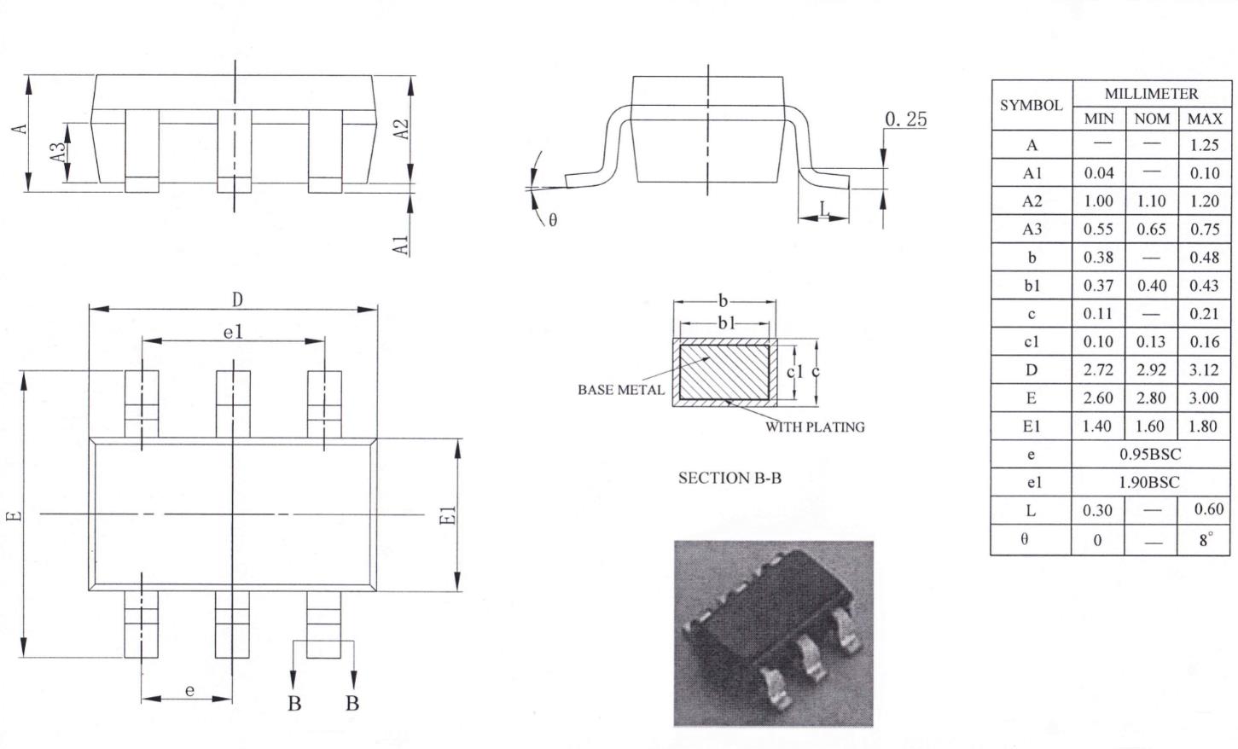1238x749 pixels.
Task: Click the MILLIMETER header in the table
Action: [x=1151, y=94]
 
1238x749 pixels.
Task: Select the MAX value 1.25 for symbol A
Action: [x=1204, y=145]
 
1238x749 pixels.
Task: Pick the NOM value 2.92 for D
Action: [x=1151, y=369]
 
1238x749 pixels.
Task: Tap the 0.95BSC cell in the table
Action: [x=1150, y=455]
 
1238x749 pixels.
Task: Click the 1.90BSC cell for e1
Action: [x=1149, y=483]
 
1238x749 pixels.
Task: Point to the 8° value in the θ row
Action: [x=1206, y=539]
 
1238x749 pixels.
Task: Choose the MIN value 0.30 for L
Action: [x=1097, y=510]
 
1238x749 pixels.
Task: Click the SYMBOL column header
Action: [x=1032, y=105]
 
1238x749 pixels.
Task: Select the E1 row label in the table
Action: [x=1032, y=427]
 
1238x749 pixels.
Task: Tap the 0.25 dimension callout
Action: [x=906, y=119]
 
